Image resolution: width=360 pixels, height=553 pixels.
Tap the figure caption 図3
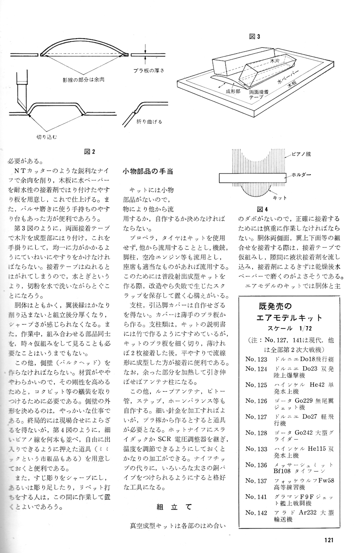click(255, 36)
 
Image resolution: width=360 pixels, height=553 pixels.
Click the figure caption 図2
click(90, 152)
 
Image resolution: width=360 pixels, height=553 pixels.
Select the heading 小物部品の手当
click(147, 171)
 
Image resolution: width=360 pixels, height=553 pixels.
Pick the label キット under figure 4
click(280, 198)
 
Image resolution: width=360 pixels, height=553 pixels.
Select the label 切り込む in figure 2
click(46, 136)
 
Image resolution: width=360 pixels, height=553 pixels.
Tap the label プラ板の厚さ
click(149, 70)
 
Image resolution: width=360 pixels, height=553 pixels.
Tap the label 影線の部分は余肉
click(83, 80)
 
